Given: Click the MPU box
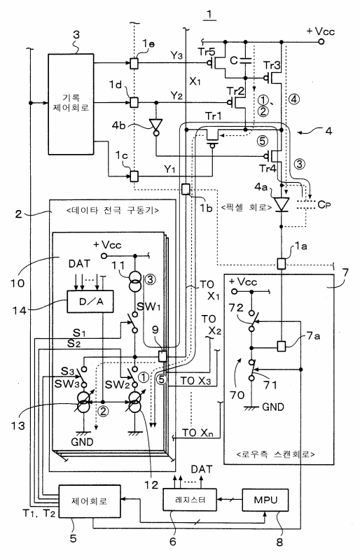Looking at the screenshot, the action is (x=265, y=500).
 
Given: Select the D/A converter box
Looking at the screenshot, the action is (x=90, y=301).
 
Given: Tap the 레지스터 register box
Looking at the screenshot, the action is (x=190, y=500).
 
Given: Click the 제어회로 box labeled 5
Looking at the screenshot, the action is (x=90, y=501).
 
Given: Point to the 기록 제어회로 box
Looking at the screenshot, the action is (x=71, y=104).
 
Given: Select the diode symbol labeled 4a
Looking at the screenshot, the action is (x=282, y=204).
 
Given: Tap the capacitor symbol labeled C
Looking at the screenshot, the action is (x=245, y=60).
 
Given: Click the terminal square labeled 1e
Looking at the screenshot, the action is (x=134, y=63).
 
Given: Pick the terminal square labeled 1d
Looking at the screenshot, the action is (x=134, y=102).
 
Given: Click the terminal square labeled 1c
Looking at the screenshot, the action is (x=134, y=176).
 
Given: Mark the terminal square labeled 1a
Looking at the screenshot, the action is (x=282, y=264).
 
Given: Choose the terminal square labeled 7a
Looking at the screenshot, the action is (x=282, y=346).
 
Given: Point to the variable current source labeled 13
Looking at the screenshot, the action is (x=83, y=405).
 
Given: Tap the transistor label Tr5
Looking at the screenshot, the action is (x=207, y=52).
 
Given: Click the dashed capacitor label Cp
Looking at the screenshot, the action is (x=324, y=204).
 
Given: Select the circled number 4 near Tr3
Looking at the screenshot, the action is (x=293, y=99).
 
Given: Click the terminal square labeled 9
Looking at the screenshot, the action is (x=162, y=356).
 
